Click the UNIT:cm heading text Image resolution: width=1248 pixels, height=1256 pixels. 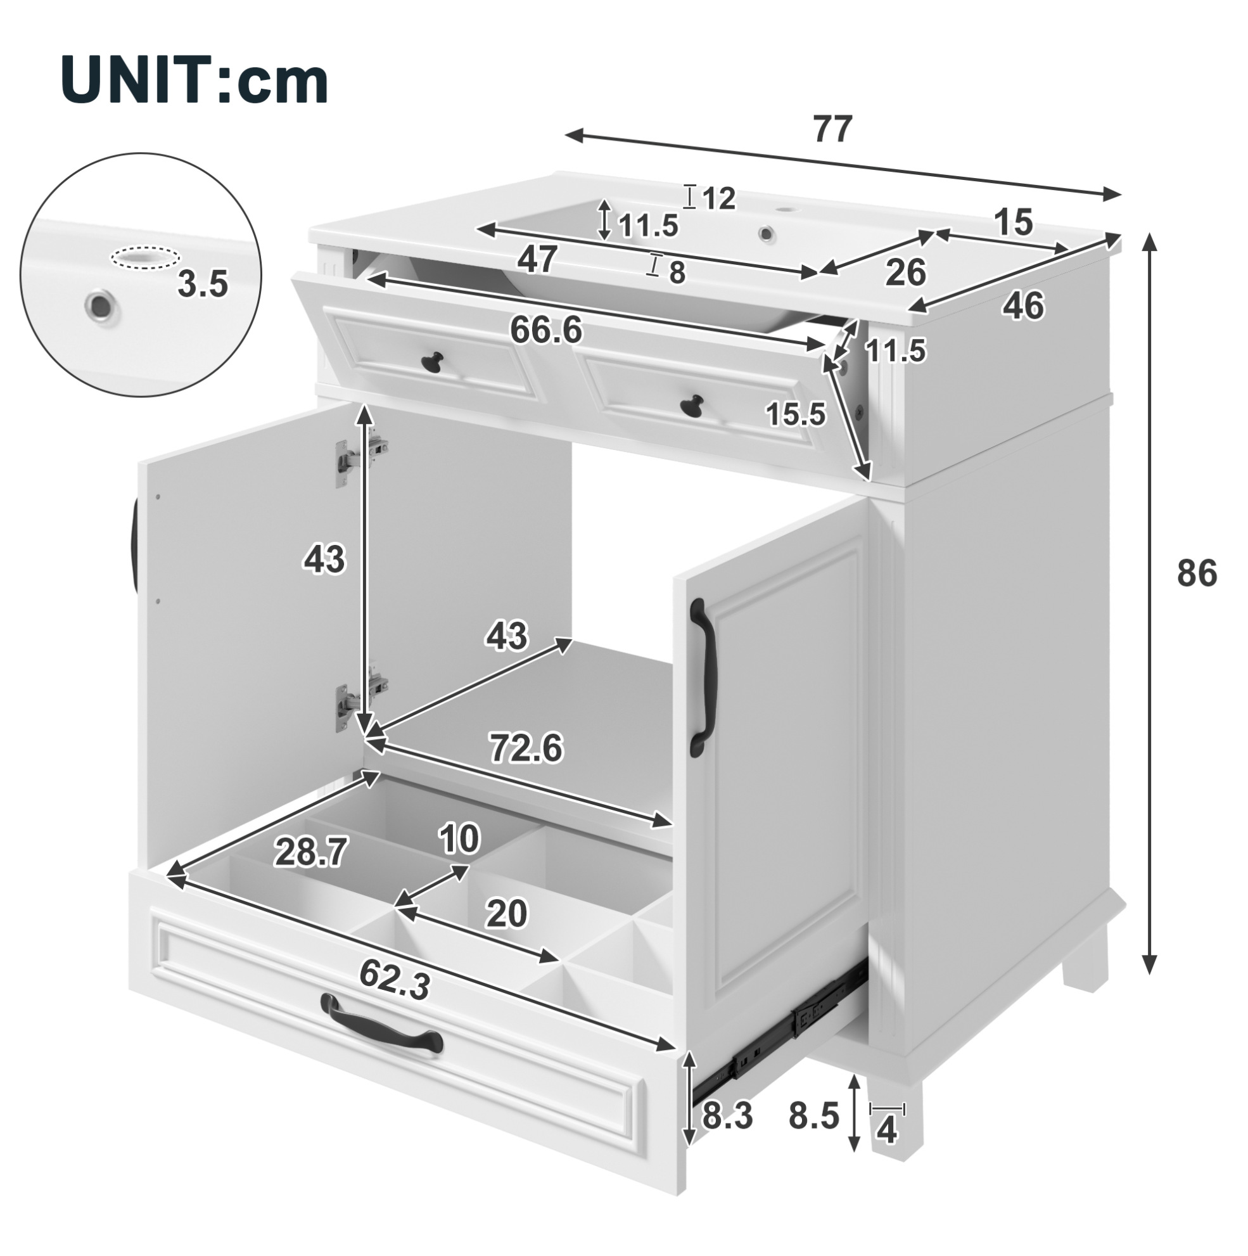pos(194,80)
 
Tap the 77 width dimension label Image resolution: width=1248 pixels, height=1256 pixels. pos(832,130)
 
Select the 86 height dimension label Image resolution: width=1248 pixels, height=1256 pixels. pos(1197,574)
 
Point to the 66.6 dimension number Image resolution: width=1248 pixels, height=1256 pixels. pos(546,331)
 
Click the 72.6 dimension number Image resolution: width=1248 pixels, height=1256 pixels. pos(526,748)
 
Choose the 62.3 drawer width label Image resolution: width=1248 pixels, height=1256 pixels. pos(395,981)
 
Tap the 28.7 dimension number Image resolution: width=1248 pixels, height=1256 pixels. pos(310,852)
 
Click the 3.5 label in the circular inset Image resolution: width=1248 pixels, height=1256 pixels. pos(203,284)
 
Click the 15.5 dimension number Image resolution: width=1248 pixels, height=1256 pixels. pos(796,413)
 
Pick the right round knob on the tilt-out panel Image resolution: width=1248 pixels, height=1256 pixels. pos(692,404)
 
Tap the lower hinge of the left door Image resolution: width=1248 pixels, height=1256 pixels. pos(361,697)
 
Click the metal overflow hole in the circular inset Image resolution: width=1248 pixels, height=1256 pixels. pos(100,303)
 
